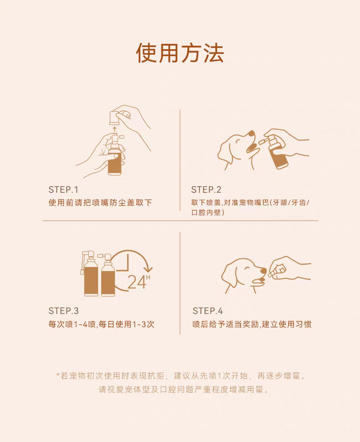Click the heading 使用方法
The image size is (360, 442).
[180, 53]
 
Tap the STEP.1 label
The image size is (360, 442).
[63, 190]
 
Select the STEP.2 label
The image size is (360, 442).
[206, 190]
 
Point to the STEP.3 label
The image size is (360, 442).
[63, 311]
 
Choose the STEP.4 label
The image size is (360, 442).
[208, 311]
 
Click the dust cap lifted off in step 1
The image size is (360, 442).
[115, 118]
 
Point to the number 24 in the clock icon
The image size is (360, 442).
[137, 282]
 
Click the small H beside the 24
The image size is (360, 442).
[148, 278]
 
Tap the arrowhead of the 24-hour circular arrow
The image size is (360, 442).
[148, 269]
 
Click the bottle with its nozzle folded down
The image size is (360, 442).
[90, 273]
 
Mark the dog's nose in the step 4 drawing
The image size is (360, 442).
[263, 271]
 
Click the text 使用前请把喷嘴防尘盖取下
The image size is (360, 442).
[100, 203]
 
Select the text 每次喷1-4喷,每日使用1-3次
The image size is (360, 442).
[101, 324]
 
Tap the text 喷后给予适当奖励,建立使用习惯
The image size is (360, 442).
[252, 324]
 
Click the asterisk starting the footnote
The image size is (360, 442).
[58, 375]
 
